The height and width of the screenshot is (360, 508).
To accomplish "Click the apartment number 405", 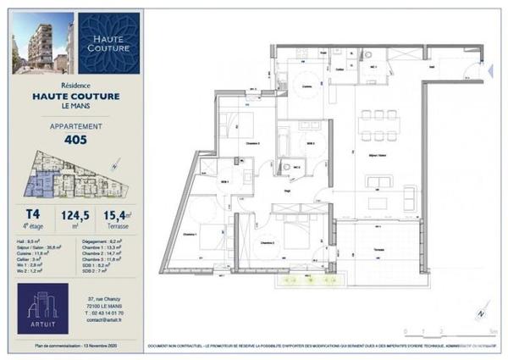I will tap(76, 141).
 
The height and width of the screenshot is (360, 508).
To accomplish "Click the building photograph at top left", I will tap(42, 43).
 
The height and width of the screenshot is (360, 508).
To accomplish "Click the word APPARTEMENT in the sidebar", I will tap(76, 127).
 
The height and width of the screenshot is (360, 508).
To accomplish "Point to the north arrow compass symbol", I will tap(481, 313).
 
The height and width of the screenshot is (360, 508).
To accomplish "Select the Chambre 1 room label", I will tap(190, 235).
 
